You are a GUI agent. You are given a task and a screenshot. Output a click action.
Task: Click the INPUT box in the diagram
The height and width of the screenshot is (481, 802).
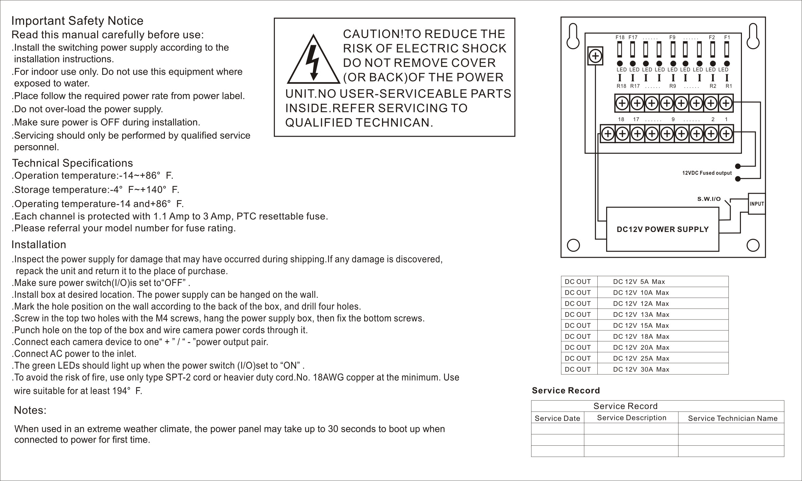(x=757, y=204)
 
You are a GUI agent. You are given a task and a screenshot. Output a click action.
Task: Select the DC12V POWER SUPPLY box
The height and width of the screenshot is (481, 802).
(x=663, y=229)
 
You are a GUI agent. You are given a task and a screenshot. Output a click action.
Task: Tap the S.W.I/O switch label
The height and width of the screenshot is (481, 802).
(x=709, y=199)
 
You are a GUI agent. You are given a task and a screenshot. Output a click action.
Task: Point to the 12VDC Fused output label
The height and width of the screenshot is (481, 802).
(x=707, y=173)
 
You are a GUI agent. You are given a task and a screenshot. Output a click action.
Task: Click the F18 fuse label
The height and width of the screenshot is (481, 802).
(x=620, y=37)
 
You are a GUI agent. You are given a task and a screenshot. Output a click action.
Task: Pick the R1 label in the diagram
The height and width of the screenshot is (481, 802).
(x=729, y=86)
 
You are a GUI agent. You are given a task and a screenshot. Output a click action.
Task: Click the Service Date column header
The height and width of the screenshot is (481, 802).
(x=557, y=418)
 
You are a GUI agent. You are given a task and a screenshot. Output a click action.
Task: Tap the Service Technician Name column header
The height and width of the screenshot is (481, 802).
(x=732, y=418)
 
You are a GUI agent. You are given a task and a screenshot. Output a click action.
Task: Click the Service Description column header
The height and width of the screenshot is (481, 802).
(x=632, y=418)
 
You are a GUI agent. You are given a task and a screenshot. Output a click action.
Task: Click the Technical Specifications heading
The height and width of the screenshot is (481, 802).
(x=73, y=163)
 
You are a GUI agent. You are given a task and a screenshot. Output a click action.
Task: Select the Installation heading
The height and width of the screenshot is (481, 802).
(x=39, y=245)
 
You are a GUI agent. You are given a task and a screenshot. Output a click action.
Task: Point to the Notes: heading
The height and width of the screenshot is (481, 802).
(x=30, y=410)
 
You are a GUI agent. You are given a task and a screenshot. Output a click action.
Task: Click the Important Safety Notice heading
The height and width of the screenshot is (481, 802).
(x=77, y=21)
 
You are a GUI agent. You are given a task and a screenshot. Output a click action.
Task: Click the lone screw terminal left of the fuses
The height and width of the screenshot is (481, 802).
(x=595, y=56)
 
